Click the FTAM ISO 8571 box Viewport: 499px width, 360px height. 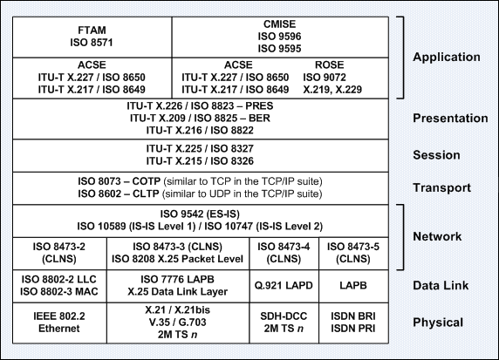coord(92,37)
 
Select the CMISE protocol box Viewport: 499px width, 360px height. coord(280,37)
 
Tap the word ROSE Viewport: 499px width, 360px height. coord(330,65)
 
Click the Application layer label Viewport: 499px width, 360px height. coord(447,57)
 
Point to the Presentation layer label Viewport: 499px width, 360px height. coord(450,118)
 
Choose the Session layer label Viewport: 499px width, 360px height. coord(436,155)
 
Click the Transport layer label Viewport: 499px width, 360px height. coord(441,187)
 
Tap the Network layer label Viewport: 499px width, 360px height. coord(437,236)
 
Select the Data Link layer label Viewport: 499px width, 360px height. coord(441,285)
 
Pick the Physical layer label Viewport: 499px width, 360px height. coord(438,323)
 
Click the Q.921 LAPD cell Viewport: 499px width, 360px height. coord(284,286)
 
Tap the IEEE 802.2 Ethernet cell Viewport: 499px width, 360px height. coord(60,323)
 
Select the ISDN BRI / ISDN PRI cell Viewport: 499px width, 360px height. coord(353,323)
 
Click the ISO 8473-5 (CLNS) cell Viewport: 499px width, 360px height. coord(353,254)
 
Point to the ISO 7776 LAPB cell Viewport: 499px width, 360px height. coord(178,286)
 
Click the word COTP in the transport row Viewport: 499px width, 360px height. coord(146,181)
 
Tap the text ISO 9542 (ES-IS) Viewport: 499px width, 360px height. coord(200,214)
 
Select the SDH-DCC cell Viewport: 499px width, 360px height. coord(284,323)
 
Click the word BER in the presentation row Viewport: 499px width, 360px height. coord(259,118)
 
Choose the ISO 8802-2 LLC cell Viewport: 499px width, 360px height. coord(60,286)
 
